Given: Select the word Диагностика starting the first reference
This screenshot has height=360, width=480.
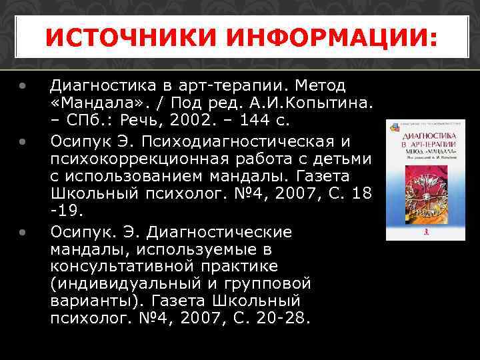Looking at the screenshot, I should click(x=106, y=87).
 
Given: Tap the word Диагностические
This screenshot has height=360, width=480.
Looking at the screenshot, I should click(x=219, y=233).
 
